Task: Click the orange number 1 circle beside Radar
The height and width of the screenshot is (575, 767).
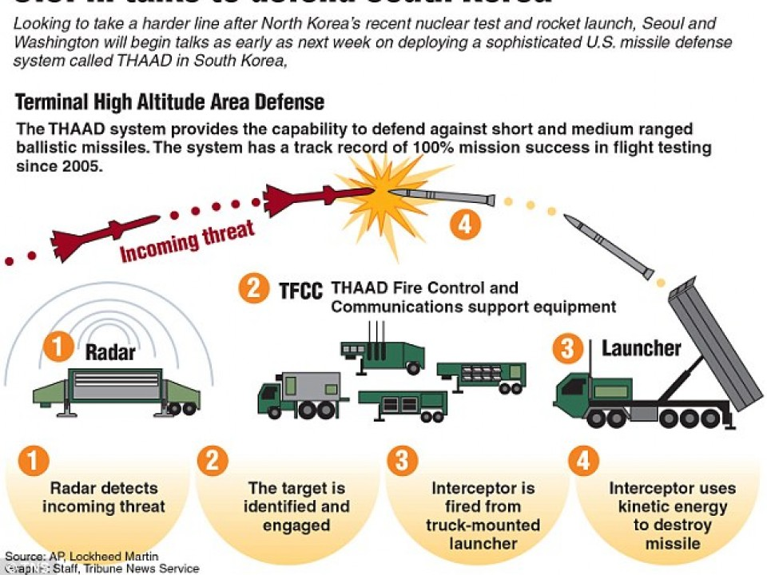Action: pyautogui.click(x=58, y=347)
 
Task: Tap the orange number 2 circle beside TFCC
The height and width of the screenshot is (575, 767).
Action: pyautogui.click(x=253, y=287)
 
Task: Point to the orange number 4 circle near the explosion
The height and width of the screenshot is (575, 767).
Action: pyautogui.click(x=465, y=224)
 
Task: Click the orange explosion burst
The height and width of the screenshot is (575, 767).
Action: pyautogui.click(x=383, y=192)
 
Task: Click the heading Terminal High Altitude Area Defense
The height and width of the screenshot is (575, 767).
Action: pyautogui.click(x=169, y=102)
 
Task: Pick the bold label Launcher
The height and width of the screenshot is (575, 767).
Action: pyautogui.click(x=641, y=348)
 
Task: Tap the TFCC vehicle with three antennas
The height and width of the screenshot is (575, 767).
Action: pyautogui.click(x=382, y=351)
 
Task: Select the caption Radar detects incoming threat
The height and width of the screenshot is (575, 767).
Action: pyautogui.click(x=103, y=497)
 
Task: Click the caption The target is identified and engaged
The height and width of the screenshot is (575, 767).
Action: pyautogui.click(x=296, y=506)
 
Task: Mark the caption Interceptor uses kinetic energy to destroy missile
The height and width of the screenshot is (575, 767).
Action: pyautogui.click(x=668, y=515)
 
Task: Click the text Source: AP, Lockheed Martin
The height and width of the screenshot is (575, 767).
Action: pyautogui.click(x=81, y=556)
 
